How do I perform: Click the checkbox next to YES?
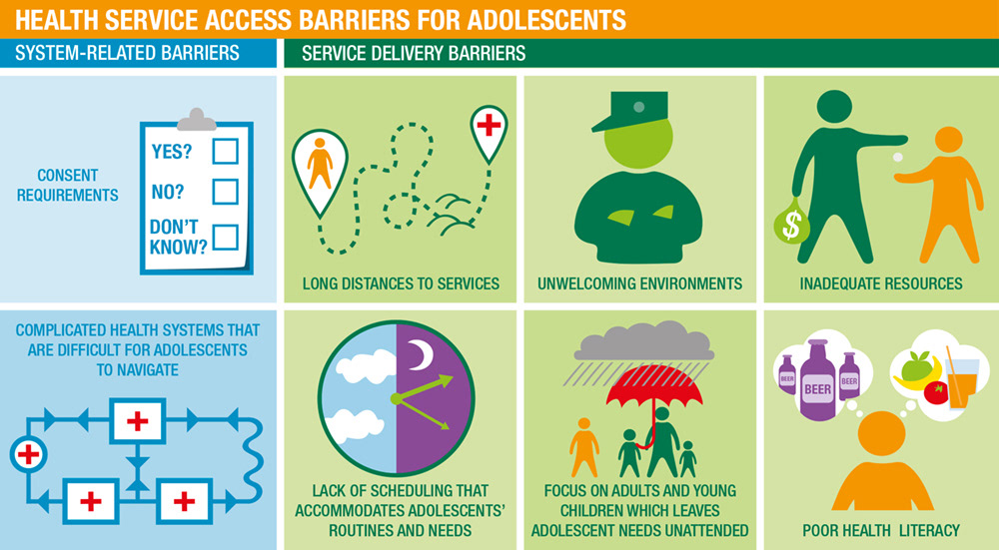(x=226, y=152)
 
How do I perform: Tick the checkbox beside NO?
(x=226, y=192)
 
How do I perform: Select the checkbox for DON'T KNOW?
(x=226, y=237)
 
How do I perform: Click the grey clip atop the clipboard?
(x=196, y=120)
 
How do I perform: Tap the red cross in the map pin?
(x=489, y=124)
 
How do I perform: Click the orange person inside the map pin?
(x=320, y=163)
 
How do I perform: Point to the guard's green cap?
(x=630, y=111)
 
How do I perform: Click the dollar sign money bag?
(x=792, y=222)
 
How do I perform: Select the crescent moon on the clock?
(x=420, y=354)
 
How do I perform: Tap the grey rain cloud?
(x=644, y=341)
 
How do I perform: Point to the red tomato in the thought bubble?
(x=935, y=392)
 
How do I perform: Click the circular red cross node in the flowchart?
(x=29, y=454)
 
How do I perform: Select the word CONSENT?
(x=68, y=175)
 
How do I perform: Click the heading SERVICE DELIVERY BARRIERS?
(x=414, y=53)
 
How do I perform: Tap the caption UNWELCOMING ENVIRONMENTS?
(x=639, y=283)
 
